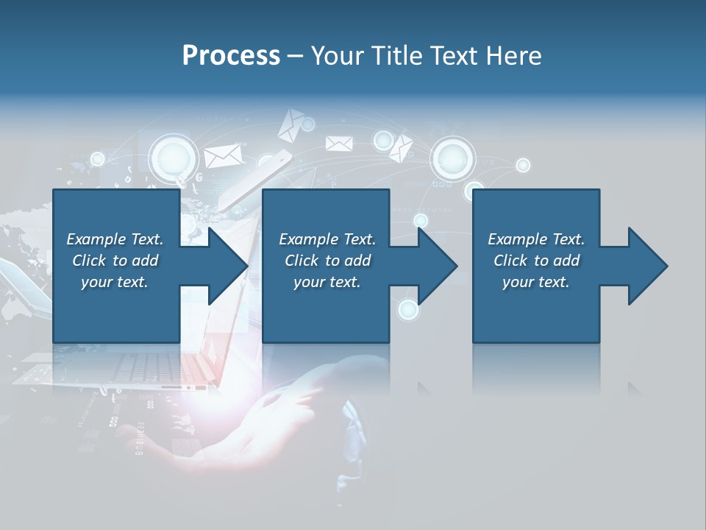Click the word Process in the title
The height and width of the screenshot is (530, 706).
231,56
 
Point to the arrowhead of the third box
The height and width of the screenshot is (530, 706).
647,266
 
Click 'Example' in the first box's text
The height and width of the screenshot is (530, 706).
96,239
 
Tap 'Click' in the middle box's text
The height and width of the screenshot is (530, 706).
301,261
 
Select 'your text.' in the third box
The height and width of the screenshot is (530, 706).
535,282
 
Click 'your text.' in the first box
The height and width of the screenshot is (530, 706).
114,282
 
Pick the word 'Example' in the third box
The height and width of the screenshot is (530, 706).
517,239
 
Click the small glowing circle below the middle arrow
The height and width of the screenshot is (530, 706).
408,310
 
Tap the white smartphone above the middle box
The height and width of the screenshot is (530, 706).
258,177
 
